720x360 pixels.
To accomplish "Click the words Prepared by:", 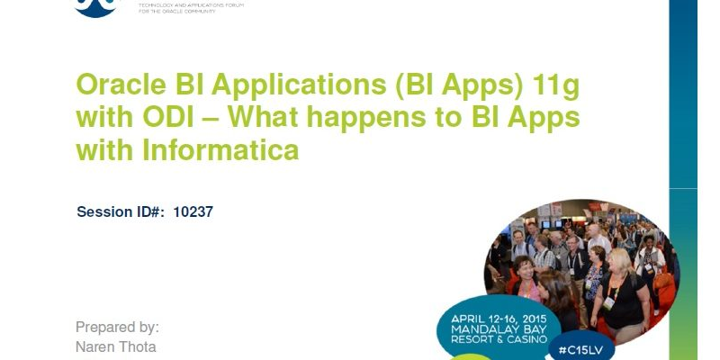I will [117, 327].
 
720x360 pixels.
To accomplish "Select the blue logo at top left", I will [95, 7].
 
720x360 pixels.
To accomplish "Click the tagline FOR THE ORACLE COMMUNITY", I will [175, 11].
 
